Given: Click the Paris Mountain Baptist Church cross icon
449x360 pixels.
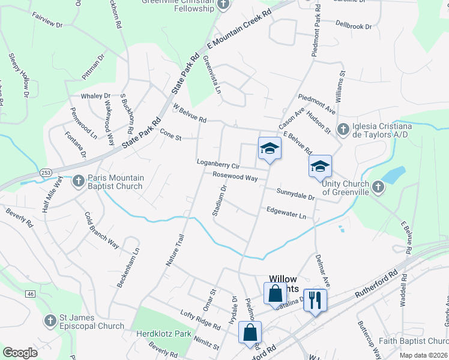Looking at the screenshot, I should [x=79, y=181].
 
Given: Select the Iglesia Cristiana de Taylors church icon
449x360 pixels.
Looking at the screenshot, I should [x=343, y=130].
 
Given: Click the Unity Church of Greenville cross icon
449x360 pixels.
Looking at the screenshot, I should [x=378, y=187].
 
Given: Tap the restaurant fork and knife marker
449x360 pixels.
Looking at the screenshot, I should [x=315, y=299].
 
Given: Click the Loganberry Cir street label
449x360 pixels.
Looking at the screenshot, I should [x=218, y=163].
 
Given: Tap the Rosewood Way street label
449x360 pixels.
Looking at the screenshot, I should [x=235, y=177].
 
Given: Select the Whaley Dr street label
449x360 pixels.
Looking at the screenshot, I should [x=96, y=96].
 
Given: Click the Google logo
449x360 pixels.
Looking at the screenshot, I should [x=20, y=352].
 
